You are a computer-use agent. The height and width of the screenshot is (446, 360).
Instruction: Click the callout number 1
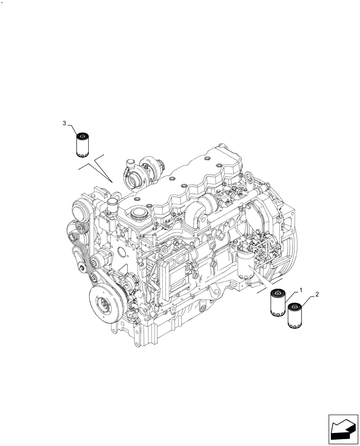click(x=301, y=290)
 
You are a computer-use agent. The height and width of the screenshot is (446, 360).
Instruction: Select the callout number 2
click(x=317, y=295)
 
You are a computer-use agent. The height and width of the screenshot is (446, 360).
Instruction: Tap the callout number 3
click(x=64, y=123)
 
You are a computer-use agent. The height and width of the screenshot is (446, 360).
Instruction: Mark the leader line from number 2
click(x=310, y=300)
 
